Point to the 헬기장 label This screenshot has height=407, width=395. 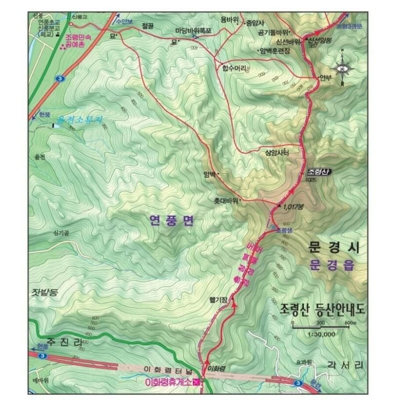pyautogui.click(x=219, y=300)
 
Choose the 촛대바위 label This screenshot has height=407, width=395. pyautogui.click(x=226, y=200)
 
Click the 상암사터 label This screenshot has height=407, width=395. pyautogui.click(x=278, y=153)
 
